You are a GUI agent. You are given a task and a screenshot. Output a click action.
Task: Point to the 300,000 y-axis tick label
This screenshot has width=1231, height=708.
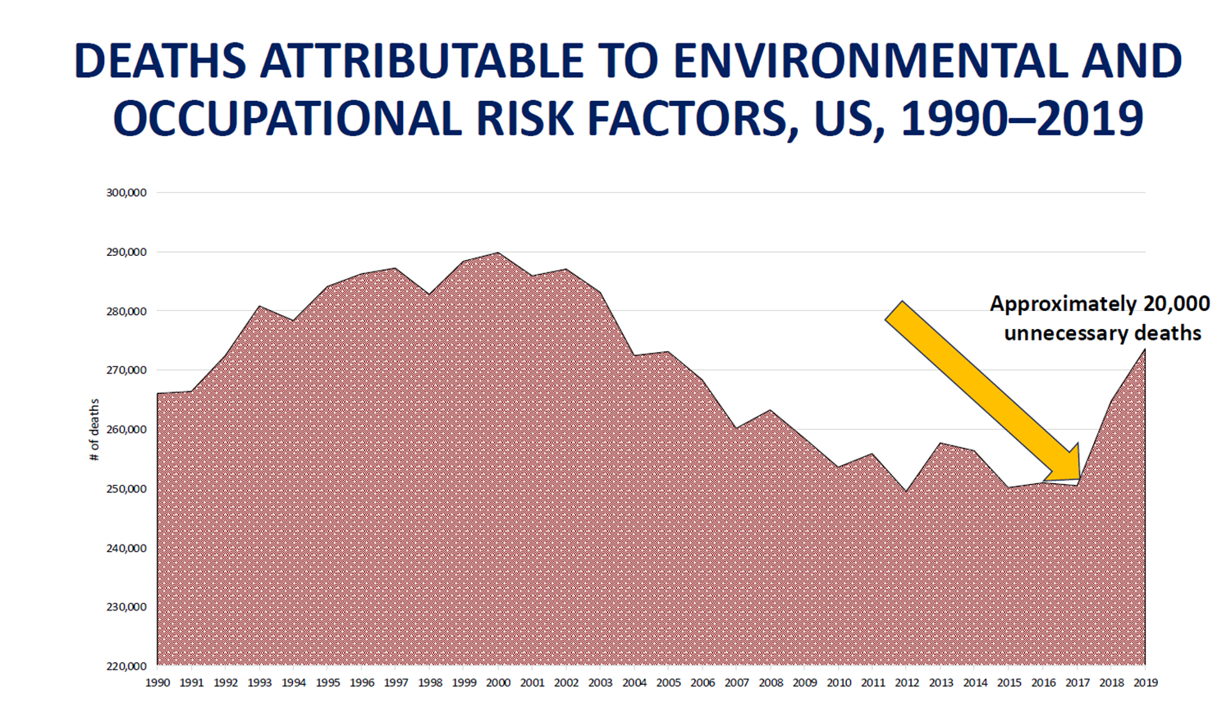point(126,193)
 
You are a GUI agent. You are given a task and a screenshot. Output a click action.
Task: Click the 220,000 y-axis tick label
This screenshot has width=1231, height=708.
point(126,666)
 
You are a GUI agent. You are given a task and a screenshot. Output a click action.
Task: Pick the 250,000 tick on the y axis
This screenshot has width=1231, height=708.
point(126,489)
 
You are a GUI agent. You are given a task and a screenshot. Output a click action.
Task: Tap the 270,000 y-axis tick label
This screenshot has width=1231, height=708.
point(126,370)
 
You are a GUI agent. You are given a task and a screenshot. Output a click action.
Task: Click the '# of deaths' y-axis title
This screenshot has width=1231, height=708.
point(94,429)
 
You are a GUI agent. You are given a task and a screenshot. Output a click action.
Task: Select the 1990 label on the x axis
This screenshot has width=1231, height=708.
point(157,683)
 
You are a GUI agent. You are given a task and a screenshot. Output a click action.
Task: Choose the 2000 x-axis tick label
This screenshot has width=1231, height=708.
point(498,683)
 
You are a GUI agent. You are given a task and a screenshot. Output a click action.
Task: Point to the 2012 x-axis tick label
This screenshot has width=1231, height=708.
point(907,683)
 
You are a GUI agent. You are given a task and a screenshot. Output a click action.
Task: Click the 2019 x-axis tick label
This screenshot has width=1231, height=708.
point(1145,683)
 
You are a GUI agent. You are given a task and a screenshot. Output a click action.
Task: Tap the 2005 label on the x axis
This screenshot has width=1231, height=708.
point(668,683)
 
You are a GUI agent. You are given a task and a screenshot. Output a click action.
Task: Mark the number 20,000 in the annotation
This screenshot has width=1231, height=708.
point(1176,304)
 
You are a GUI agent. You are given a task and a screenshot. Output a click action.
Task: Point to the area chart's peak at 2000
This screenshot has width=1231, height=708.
point(498,253)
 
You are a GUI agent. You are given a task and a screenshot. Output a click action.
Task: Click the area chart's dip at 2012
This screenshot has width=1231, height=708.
point(907,491)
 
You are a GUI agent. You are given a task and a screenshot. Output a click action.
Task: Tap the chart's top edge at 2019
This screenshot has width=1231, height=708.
point(1145,349)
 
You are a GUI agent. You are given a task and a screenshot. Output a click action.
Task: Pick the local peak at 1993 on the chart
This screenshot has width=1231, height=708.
point(259,306)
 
